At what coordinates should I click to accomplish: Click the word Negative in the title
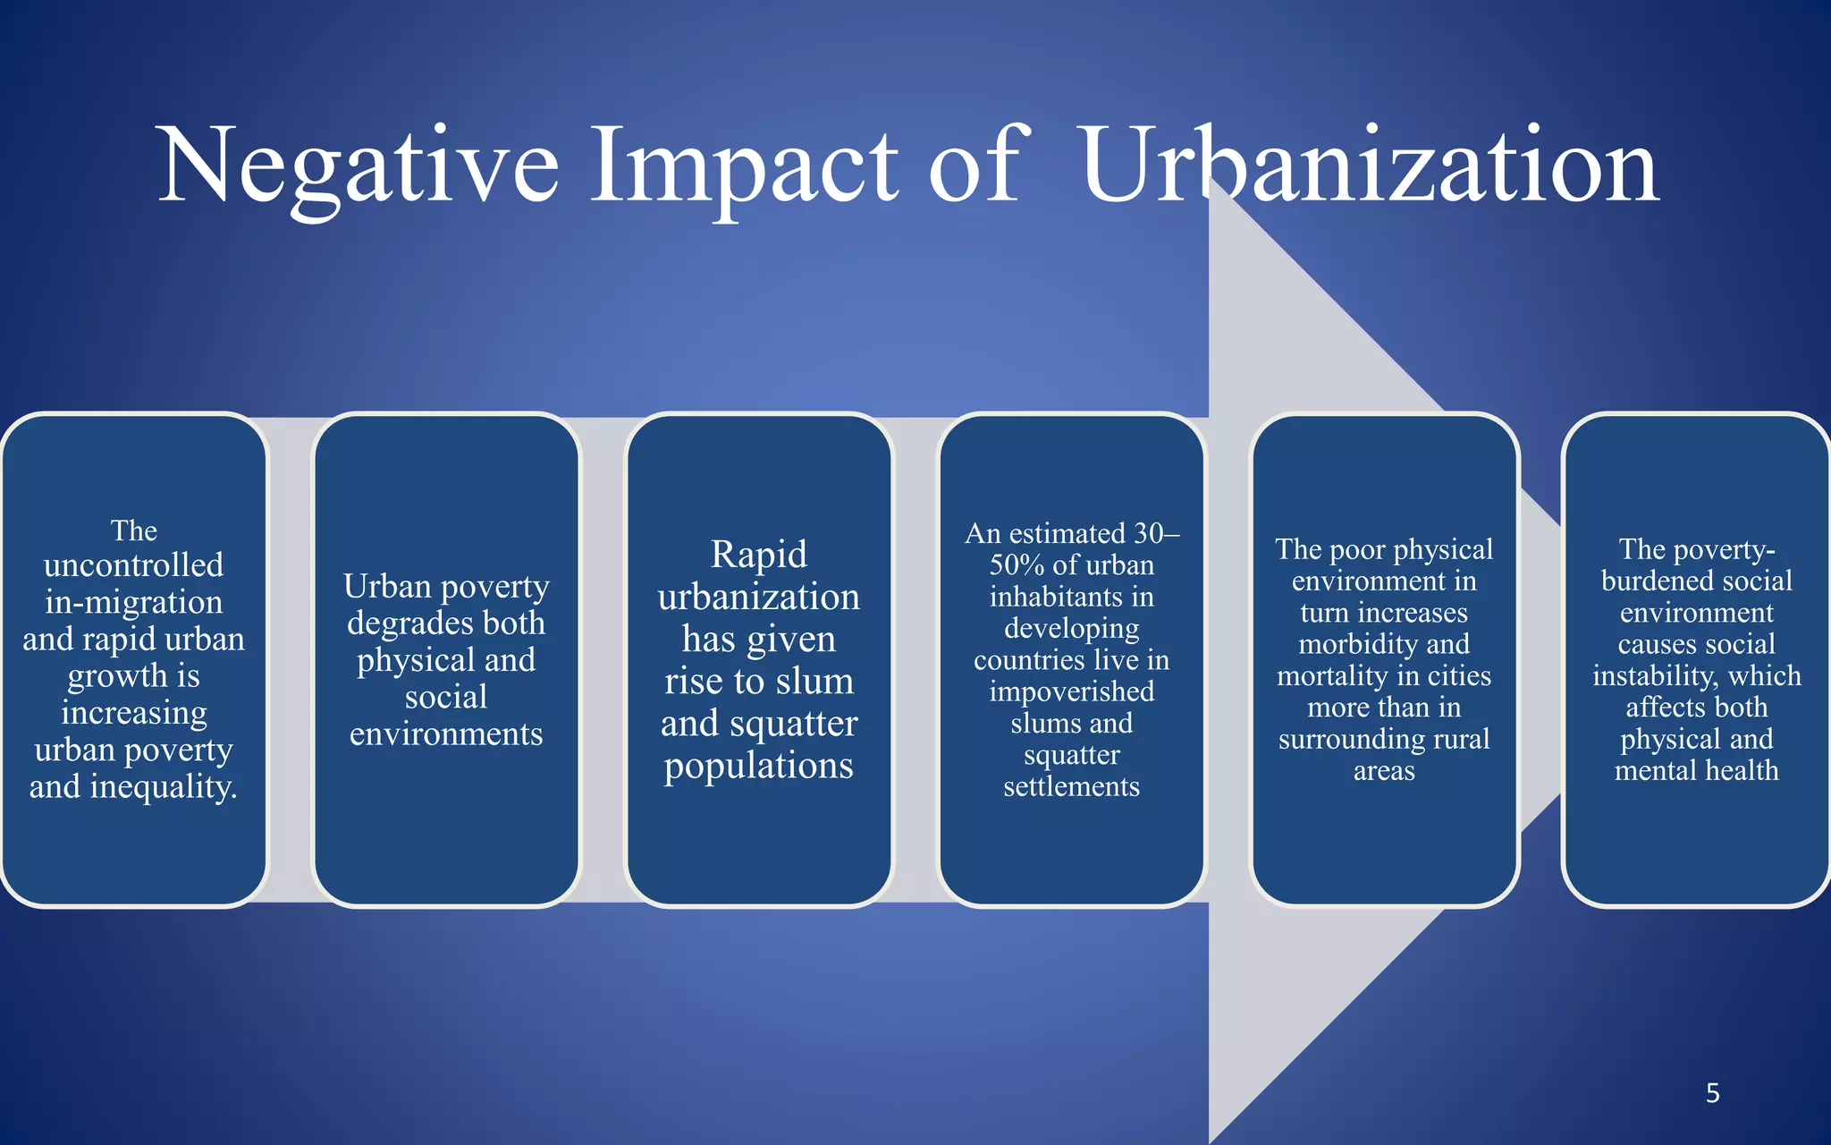tap(358, 167)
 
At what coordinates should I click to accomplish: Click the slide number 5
tap(1712, 1092)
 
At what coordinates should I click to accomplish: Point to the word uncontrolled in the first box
tap(134, 565)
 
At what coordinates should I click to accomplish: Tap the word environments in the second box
tap(446, 734)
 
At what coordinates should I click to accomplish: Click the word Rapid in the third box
tap(759, 554)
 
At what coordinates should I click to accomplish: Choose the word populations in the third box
tap(759, 766)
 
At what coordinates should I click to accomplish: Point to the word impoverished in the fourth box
tap(1071, 691)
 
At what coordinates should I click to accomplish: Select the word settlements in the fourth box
tap(1071, 786)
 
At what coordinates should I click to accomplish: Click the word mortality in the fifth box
tap(1331, 675)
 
